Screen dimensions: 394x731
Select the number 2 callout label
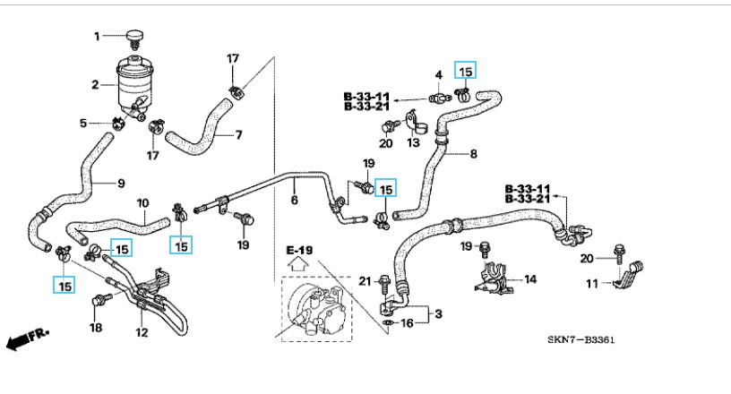[x=95, y=85]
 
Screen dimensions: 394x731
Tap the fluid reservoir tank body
[x=134, y=83]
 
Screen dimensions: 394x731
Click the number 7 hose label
[x=239, y=136]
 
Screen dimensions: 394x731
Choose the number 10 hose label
[x=142, y=202]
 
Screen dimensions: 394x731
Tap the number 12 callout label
[x=141, y=333]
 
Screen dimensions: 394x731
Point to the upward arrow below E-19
[x=298, y=264]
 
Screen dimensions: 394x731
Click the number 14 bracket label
[x=530, y=279]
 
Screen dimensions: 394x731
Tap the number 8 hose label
[x=473, y=154]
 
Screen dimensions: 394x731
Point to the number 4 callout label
[x=439, y=74]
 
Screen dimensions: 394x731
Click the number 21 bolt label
[x=365, y=282]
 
